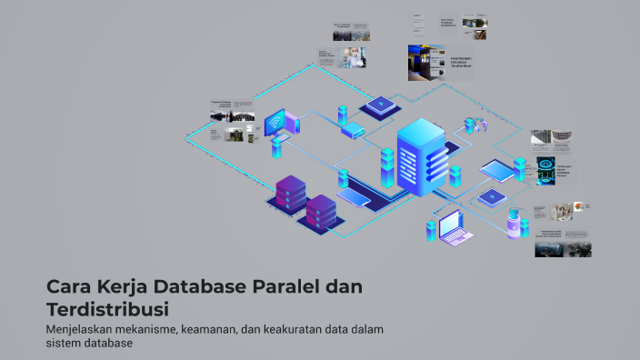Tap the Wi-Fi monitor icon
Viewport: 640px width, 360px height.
pyautogui.click(x=275, y=123)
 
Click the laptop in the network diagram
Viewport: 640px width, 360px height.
pyautogui.click(x=455, y=227)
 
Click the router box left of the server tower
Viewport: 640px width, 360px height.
pyautogui.click(x=353, y=130)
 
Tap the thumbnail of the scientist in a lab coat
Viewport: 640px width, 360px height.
pyautogui.click(x=352, y=57)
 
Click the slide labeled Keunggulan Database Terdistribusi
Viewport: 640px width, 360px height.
pyautogui.click(x=440, y=64)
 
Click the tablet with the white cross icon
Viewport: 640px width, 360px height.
pyautogui.click(x=491, y=195)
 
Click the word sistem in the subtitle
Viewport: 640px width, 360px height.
pyautogui.click(x=64, y=344)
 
